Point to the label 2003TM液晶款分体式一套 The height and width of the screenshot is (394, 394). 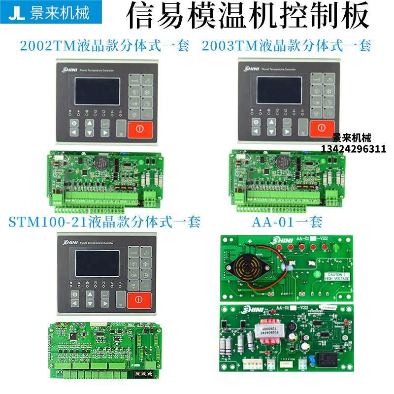pos(286,46)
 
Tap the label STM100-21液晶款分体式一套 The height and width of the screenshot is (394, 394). pos(105,222)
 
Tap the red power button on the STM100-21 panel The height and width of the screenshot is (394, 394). pos(139,300)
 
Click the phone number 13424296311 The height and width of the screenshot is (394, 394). pos(353,148)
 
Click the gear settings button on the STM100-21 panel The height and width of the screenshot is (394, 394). pos(75,295)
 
